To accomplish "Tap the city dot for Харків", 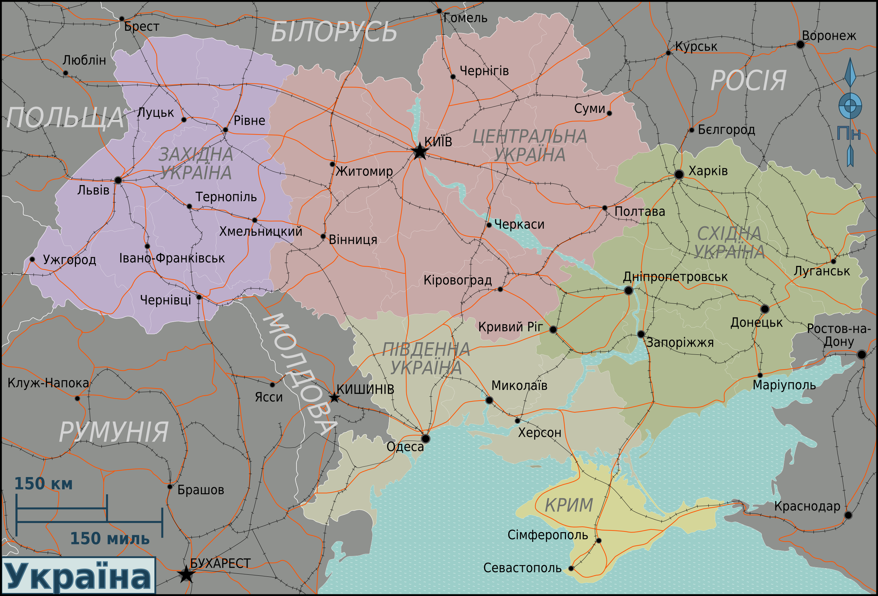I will (x=678, y=174).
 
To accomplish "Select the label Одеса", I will (x=405, y=447).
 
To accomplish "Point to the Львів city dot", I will (x=118, y=180).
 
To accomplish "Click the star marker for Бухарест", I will (x=186, y=574).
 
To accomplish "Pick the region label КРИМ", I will (x=569, y=505).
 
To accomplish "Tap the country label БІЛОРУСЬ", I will (x=334, y=32).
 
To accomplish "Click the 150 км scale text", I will (x=43, y=484).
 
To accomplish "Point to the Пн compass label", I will (x=849, y=133).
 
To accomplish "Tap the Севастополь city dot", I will (x=571, y=568).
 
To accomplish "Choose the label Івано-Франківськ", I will (x=172, y=258).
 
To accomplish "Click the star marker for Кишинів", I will (x=334, y=398).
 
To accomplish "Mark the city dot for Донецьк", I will (x=765, y=309).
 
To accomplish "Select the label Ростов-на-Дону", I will (x=839, y=335).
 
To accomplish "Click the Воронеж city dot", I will (x=800, y=44).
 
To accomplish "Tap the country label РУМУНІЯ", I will (x=113, y=432).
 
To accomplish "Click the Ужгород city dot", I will (x=32, y=259).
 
